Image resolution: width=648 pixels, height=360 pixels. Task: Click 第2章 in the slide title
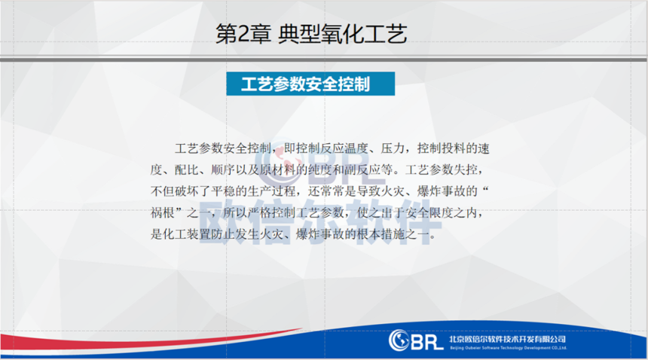click(243, 34)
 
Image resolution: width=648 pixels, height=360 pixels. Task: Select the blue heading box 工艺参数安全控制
click(310, 84)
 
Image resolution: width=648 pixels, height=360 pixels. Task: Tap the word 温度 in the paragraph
click(356, 148)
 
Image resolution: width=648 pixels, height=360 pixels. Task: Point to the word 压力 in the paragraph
click(393, 148)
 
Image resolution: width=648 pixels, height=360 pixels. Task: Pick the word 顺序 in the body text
click(223, 169)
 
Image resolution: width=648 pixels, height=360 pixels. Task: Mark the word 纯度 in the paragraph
click(321, 169)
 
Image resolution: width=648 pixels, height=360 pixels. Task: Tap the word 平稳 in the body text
click(223, 191)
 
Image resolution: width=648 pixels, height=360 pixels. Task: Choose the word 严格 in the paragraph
click(259, 212)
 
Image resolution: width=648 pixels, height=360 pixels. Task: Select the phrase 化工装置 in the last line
click(187, 234)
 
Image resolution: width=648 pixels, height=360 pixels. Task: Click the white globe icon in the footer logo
click(399, 340)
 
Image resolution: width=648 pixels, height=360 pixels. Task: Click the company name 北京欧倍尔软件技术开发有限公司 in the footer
click(508, 339)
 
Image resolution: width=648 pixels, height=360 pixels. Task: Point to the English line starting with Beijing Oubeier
click(509, 348)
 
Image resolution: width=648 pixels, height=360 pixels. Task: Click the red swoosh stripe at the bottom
click(148, 341)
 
